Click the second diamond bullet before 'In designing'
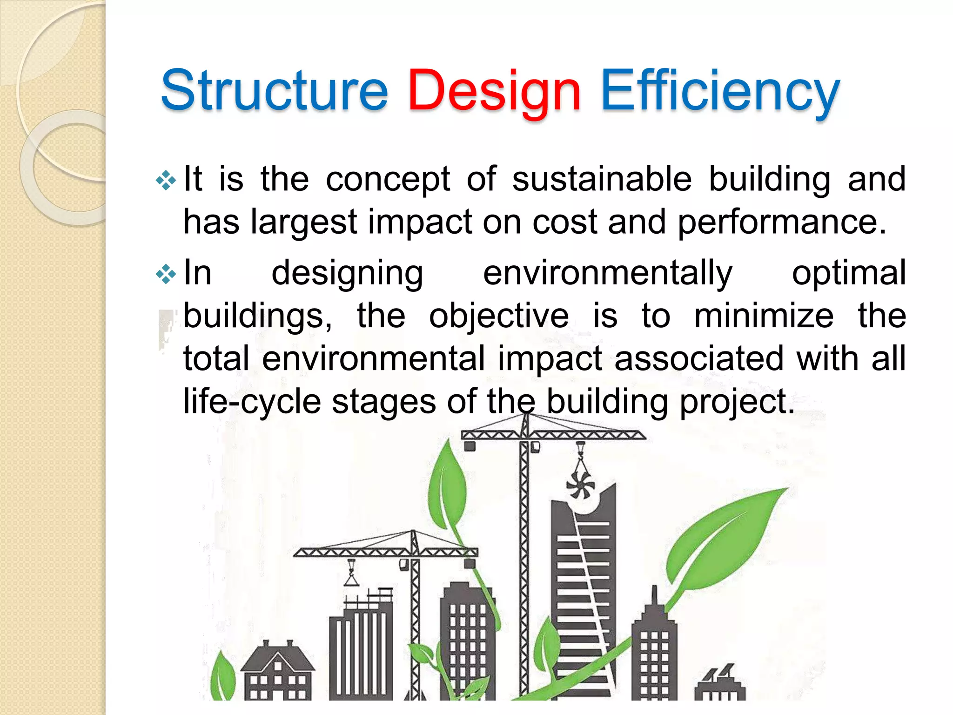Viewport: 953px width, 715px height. click(166, 275)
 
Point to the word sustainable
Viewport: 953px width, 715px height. click(602, 179)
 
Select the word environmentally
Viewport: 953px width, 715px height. click(608, 273)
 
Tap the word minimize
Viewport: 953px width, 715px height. click(764, 316)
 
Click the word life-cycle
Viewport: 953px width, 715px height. click(252, 401)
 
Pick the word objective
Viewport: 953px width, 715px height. click(499, 316)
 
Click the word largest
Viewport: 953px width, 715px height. click(303, 222)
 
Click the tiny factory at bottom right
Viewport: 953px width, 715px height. click(719, 684)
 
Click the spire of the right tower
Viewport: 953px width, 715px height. click(654, 598)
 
